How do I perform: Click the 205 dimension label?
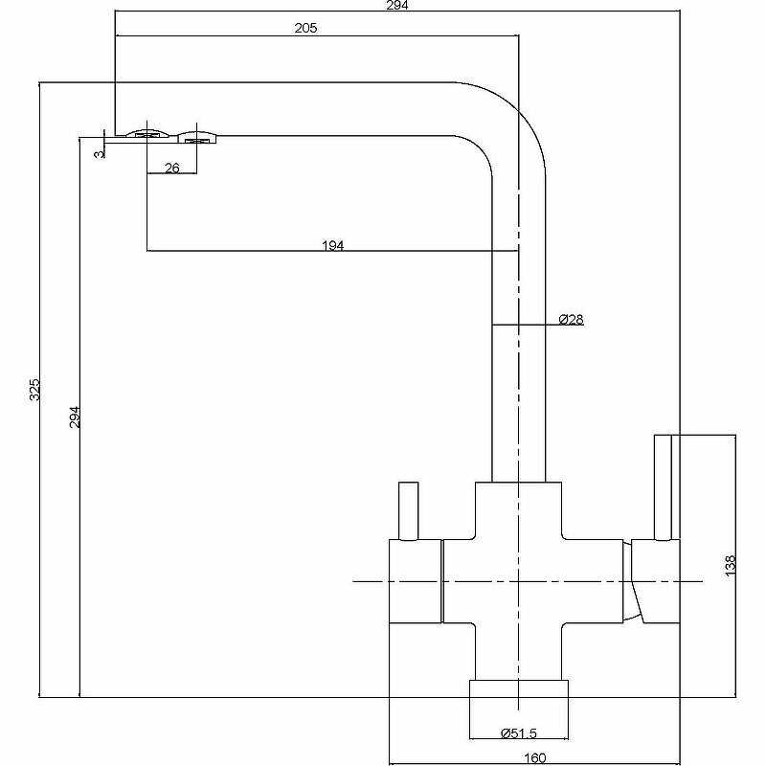coord(305,29)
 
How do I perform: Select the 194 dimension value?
coord(332,245)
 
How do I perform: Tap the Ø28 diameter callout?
coord(571,319)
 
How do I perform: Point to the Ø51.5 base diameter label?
coord(518,733)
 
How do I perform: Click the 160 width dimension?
coord(534,759)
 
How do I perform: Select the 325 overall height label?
coord(34,390)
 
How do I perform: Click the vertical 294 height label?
coord(75,416)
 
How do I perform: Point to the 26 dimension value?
coord(172,168)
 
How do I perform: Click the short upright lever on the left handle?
coord(409,511)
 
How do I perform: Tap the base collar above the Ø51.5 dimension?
coord(518,693)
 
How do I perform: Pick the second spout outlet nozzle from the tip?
coord(197,139)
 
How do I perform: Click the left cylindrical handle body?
coord(414,580)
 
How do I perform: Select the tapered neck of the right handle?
coord(634,580)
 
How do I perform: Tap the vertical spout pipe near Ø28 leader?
coord(518,383)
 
